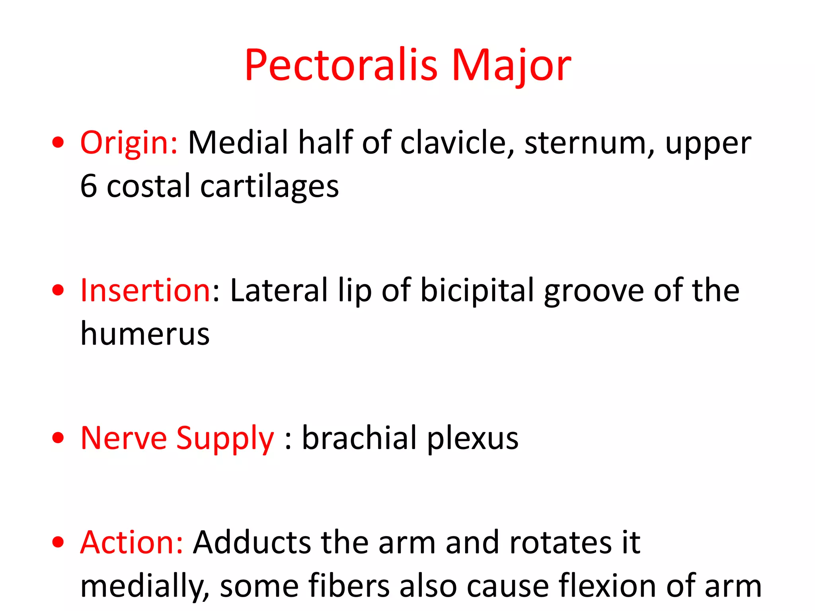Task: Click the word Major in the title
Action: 511,65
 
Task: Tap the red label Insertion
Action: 145,290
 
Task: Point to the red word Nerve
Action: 123,438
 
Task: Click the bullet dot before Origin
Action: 58,143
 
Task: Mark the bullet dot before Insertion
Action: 58,290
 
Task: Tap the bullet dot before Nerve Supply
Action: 58,438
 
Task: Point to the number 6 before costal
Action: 88,186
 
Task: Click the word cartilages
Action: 269,186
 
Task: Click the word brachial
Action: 359,438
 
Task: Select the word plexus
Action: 473,438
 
